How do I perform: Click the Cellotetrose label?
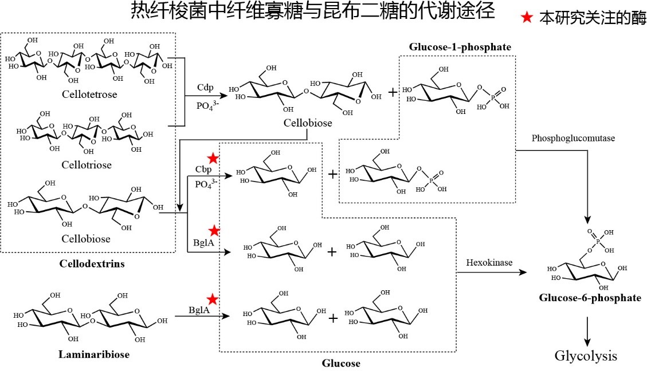[x=91, y=94]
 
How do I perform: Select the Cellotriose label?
[x=87, y=165]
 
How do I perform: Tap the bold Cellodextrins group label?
[x=92, y=263]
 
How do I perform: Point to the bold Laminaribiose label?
[x=94, y=354]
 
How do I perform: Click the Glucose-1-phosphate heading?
[x=460, y=47]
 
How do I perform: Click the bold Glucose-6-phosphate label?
[x=590, y=298]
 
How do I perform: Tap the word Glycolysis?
[x=586, y=356]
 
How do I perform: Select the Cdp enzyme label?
[x=206, y=87]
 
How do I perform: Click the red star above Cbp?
[x=213, y=158]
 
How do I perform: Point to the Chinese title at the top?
[x=312, y=12]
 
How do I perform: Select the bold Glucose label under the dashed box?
[x=341, y=363]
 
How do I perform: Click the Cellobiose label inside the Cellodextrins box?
[x=87, y=238]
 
